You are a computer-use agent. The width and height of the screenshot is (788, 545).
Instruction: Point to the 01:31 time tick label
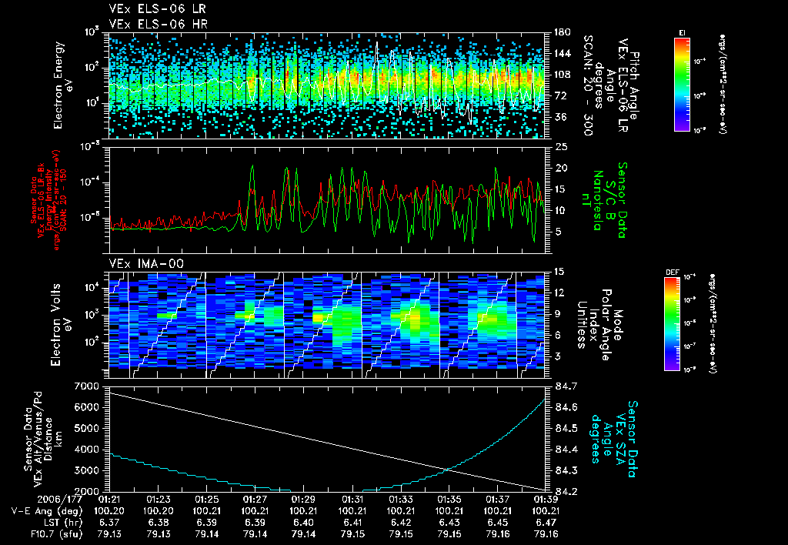tap(352, 500)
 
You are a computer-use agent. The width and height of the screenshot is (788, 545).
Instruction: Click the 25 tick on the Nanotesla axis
tap(560, 146)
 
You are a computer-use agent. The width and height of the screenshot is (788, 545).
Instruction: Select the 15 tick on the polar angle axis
tap(559, 271)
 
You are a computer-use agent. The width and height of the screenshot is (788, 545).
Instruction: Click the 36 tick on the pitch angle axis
tap(559, 117)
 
